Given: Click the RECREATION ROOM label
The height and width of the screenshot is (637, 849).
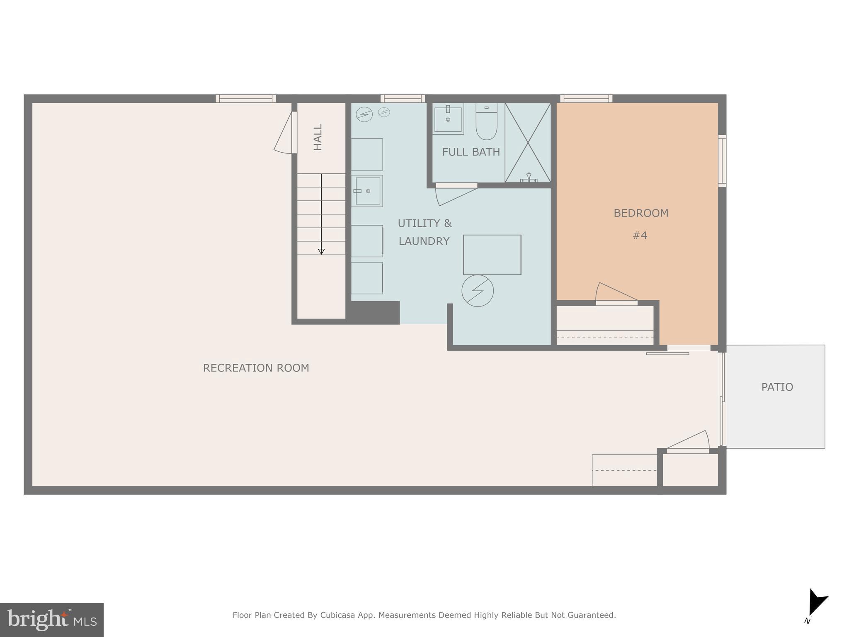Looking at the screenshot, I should click(256, 368).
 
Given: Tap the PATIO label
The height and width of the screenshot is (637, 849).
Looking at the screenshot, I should click(777, 387).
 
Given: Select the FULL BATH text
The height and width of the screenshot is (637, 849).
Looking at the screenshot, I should click(471, 152).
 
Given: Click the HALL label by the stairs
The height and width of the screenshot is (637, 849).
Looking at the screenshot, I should click(318, 137).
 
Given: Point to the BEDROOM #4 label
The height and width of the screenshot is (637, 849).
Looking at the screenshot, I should click(640, 224).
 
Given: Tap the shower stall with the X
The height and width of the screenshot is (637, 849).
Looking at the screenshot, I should click(528, 143).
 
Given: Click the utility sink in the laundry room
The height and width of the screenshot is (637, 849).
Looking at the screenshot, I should click(367, 191).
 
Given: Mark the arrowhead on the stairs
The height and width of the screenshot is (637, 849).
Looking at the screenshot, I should click(321, 251).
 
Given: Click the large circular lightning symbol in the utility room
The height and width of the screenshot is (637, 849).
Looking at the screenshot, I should click(478, 291).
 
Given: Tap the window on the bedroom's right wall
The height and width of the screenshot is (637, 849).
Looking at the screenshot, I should click(722, 161).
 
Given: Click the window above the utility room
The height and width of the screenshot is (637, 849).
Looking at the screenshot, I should click(403, 99).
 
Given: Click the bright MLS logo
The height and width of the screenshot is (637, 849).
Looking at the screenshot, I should click(51, 620).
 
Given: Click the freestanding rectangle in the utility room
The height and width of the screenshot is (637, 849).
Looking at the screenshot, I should click(492, 255).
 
